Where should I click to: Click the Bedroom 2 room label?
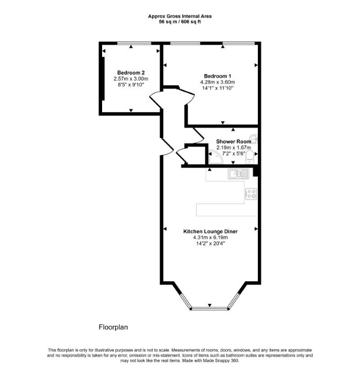[x=131, y=72]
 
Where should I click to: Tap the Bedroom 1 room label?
[x=218, y=76]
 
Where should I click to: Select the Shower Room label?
[x=234, y=141]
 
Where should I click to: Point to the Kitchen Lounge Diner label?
[x=210, y=231]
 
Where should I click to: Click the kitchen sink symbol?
[x=238, y=174]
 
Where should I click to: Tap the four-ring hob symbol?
[x=251, y=194]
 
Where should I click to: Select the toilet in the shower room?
[x=249, y=158]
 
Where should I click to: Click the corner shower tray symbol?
[x=215, y=157]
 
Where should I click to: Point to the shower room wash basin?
[x=254, y=139]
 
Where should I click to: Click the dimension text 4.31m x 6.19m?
[x=210, y=237]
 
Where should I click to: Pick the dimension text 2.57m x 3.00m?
[x=131, y=79]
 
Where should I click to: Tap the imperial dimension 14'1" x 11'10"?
[x=218, y=88]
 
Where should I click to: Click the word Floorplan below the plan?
[x=113, y=327]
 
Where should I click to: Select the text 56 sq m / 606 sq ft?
[x=180, y=22]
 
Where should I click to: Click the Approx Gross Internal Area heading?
[x=180, y=16]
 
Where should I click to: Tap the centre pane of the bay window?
[x=210, y=308]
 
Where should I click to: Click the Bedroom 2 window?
[x=134, y=43]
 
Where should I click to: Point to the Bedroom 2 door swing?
[x=156, y=99]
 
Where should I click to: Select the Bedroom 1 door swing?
[x=186, y=97]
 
